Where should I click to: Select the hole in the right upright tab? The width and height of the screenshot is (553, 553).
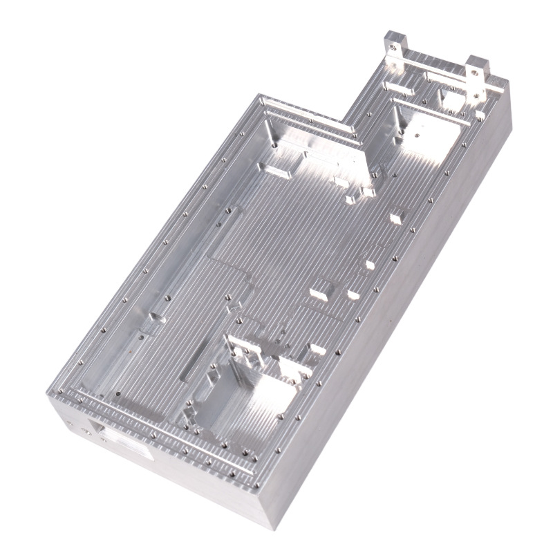coord(477,69)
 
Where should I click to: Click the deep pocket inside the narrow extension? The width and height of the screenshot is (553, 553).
coord(425,135)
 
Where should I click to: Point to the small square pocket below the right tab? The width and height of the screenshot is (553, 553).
coord(453,101)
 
